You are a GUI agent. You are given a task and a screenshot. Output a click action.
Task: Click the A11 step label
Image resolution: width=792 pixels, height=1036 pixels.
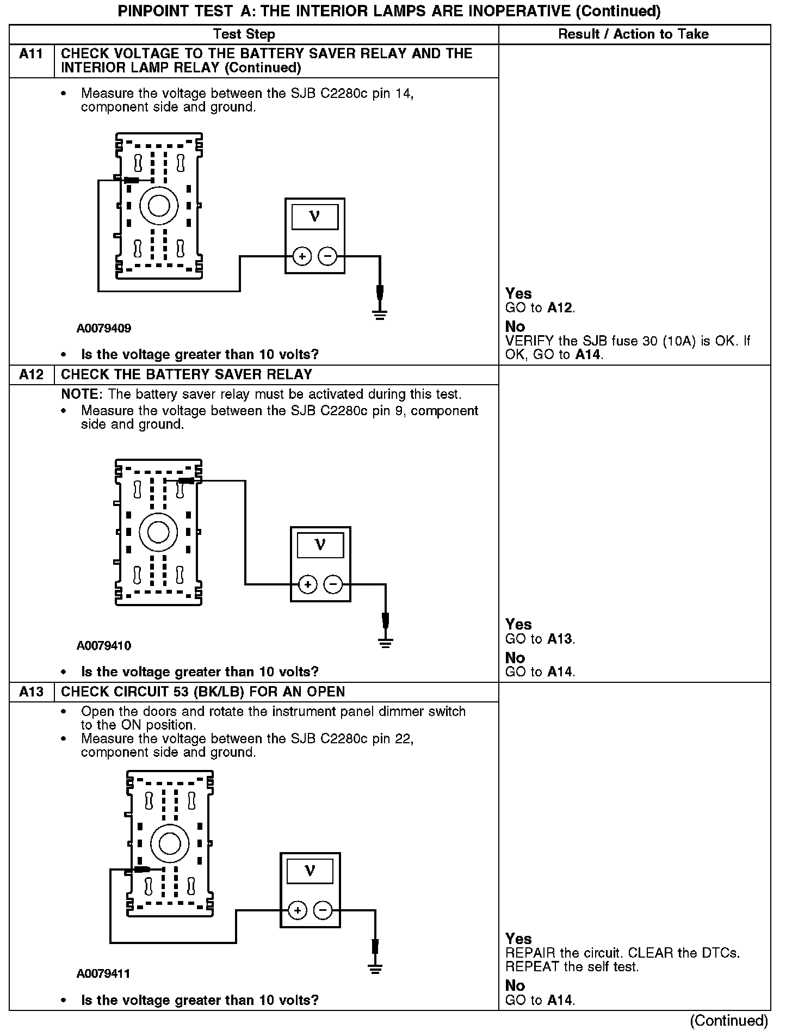pyautogui.click(x=32, y=53)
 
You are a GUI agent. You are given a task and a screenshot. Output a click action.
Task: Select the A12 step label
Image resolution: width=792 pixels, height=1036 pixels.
pyautogui.click(x=32, y=374)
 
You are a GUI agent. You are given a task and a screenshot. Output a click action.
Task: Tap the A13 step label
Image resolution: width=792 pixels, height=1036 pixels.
pyautogui.click(x=32, y=692)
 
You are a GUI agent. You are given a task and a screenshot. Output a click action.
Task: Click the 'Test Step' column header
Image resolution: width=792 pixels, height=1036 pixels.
pyautogui.click(x=244, y=34)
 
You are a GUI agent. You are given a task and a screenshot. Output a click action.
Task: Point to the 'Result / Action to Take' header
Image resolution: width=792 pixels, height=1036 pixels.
pyautogui.click(x=634, y=34)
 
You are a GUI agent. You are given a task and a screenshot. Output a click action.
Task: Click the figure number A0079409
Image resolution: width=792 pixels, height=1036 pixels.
pyautogui.click(x=103, y=329)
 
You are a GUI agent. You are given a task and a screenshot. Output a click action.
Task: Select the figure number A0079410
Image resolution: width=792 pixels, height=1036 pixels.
pyautogui.click(x=103, y=646)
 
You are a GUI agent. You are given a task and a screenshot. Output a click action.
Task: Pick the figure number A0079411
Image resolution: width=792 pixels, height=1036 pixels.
pyautogui.click(x=103, y=973)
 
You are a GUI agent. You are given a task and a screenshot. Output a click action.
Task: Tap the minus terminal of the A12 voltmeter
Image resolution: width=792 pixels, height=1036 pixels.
pyautogui.click(x=333, y=585)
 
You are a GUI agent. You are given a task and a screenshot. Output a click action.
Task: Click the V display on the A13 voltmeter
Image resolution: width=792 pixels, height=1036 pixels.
pyautogui.click(x=310, y=871)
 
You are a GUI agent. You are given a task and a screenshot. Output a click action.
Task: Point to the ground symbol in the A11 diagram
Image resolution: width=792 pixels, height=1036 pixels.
pyautogui.click(x=380, y=313)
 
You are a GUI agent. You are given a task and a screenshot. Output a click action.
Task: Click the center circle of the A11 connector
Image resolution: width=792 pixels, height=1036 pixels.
pyautogui.click(x=159, y=205)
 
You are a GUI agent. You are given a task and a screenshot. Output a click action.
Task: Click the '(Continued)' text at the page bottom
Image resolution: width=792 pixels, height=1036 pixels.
pyautogui.click(x=729, y=1021)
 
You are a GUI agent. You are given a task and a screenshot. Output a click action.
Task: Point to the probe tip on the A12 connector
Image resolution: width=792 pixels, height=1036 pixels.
pyautogui.click(x=186, y=480)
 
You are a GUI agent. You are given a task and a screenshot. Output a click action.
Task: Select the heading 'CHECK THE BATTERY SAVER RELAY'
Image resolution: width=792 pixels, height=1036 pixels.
pyautogui.click(x=187, y=374)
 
